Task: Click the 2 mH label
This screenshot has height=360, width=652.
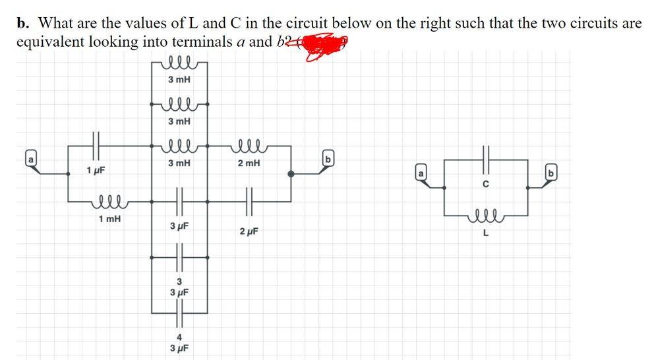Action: pos(248,162)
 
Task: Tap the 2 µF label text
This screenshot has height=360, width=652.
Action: pos(249,231)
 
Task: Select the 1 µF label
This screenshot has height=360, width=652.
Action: pos(96,171)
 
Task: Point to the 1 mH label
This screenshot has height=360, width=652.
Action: pos(109,218)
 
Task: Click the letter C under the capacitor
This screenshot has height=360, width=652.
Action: pos(486,185)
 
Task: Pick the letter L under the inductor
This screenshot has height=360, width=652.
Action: pos(486,230)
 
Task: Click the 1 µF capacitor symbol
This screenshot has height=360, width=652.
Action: pos(96,142)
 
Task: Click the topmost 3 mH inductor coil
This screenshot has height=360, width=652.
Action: pos(179,63)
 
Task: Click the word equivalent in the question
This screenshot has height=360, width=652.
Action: pos(48,42)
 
